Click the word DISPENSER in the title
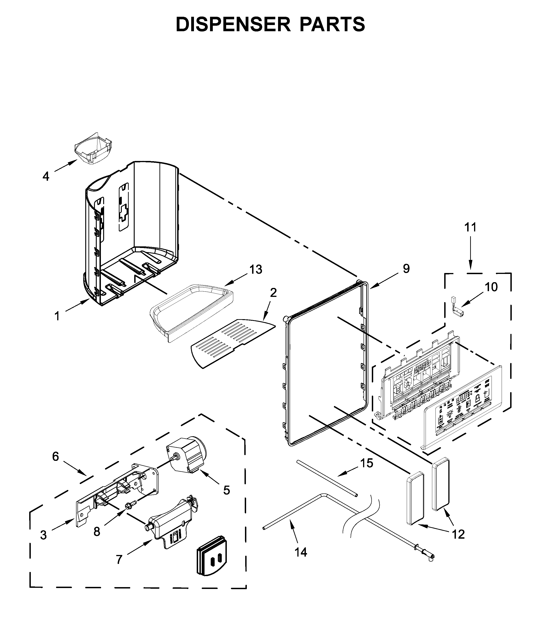point(233,24)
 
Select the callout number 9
point(406,269)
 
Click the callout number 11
point(470,227)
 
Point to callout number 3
point(43,535)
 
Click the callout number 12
point(458,534)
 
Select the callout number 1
point(57,316)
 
